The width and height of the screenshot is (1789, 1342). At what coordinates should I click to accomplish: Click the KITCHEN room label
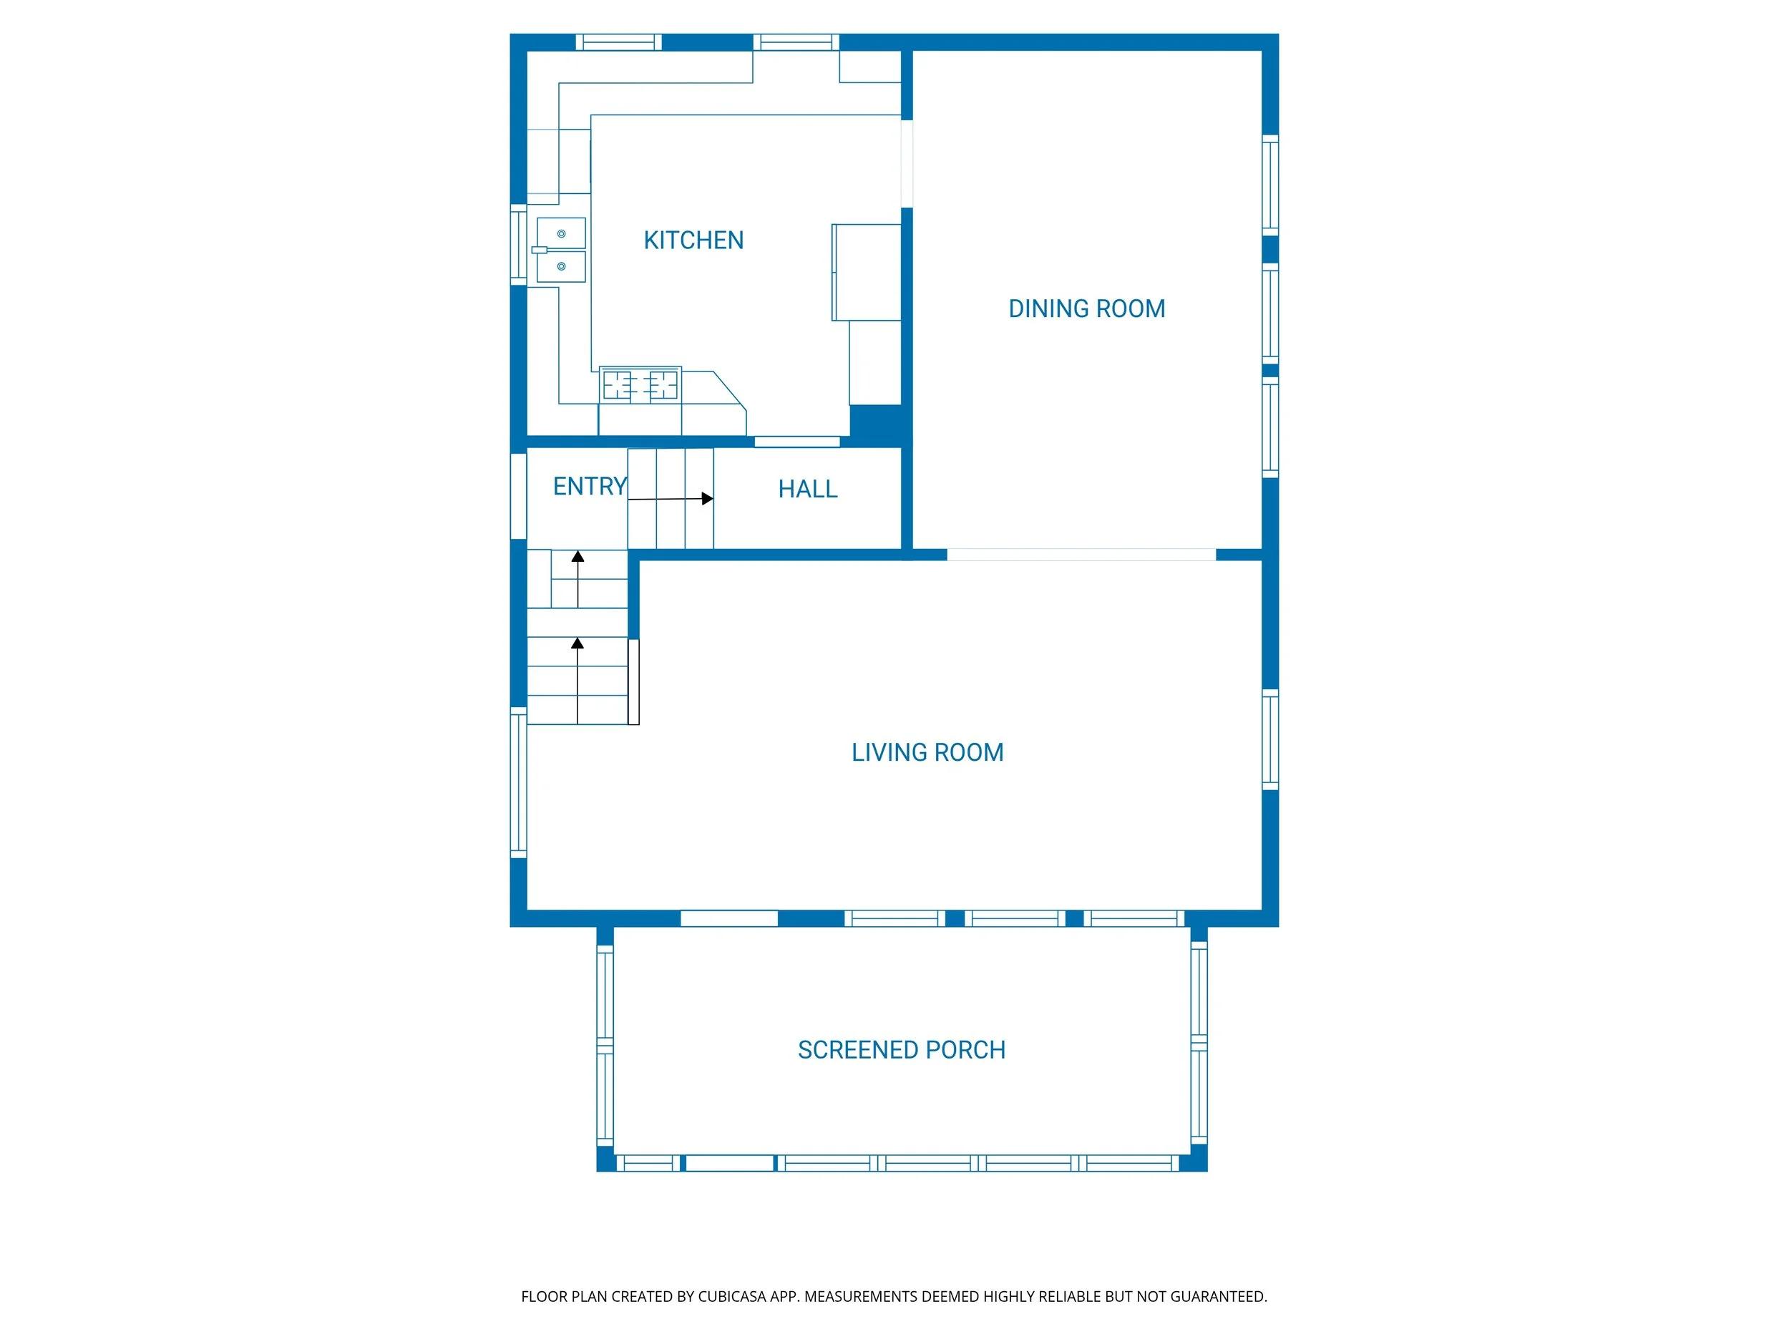point(693,240)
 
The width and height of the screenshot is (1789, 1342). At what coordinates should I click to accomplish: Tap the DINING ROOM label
point(1086,309)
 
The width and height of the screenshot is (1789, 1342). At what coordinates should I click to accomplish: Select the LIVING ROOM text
point(927,752)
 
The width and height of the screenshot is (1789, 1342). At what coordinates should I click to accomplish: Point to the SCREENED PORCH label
point(901,1050)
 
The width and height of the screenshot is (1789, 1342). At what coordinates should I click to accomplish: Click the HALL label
point(807,490)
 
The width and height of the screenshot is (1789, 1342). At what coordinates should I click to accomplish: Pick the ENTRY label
point(590,486)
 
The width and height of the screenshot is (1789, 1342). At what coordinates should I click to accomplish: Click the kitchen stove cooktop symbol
point(640,385)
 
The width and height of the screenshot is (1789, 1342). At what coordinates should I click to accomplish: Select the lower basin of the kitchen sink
point(560,266)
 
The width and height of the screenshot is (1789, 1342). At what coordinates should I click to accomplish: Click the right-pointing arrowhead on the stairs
point(708,499)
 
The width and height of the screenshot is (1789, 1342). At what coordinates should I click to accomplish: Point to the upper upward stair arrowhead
point(577,557)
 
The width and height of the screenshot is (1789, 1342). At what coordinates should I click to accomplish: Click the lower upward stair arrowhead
point(577,643)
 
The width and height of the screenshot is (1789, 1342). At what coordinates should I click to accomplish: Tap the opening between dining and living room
point(1081,555)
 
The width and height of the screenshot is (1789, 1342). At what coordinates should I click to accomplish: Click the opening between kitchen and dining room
point(907,163)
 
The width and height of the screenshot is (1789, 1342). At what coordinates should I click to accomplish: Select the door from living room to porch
point(728,918)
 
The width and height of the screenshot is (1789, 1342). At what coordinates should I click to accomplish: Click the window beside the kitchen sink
point(518,245)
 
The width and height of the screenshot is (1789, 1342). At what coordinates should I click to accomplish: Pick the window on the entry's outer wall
point(518,496)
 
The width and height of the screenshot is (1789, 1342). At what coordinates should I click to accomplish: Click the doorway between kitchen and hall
point(796,442)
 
